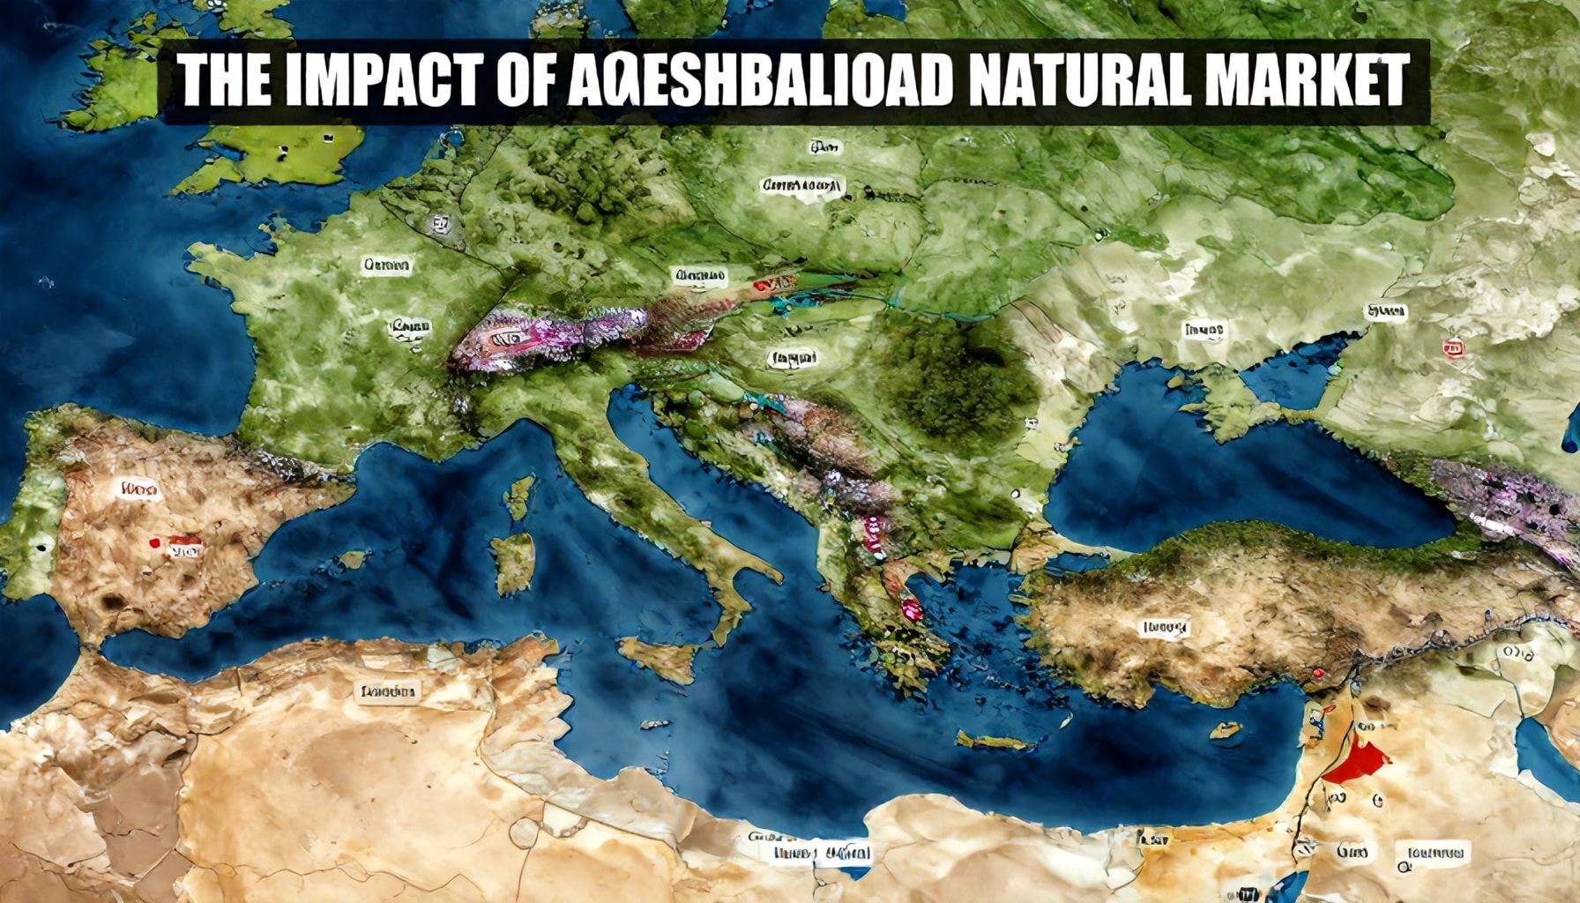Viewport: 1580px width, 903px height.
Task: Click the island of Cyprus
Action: coord(1226,730)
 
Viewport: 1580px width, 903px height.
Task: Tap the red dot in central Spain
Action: coord(155,543)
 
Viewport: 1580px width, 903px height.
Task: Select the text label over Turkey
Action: coord(1165,628)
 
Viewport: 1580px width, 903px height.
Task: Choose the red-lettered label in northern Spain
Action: coord(139,487)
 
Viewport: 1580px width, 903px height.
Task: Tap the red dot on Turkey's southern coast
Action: coord(1318,675)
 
